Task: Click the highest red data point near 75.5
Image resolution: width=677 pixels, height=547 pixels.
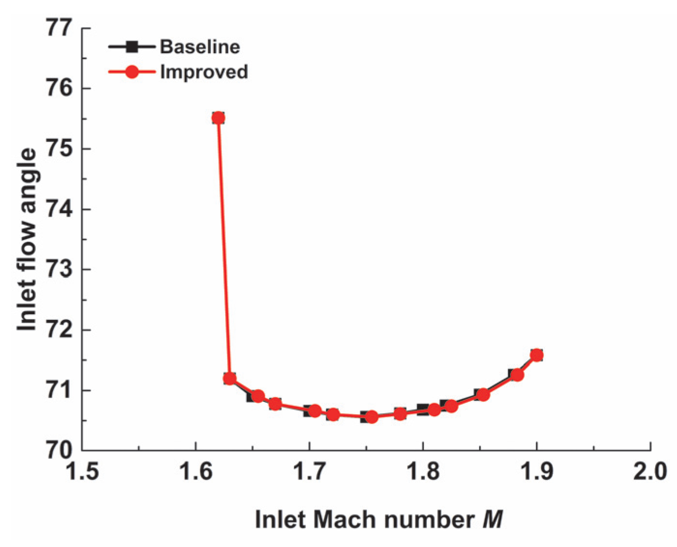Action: (218, 118)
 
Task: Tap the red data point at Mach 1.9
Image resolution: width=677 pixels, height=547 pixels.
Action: (536, 355)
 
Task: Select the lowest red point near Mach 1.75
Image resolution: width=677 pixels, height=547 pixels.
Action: (371, 417)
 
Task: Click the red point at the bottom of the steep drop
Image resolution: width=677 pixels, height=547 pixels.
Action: (229, 379)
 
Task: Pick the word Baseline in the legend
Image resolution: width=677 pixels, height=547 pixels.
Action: (200, 47)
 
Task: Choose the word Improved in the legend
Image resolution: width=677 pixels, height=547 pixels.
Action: (204, 72)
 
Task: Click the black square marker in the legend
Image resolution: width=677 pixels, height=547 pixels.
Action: (132, 47)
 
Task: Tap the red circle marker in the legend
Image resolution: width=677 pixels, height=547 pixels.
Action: (132, 72)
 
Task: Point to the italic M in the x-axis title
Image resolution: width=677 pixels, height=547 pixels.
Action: (493, 520)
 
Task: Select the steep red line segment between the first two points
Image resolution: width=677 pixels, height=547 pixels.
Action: (224, 247)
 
